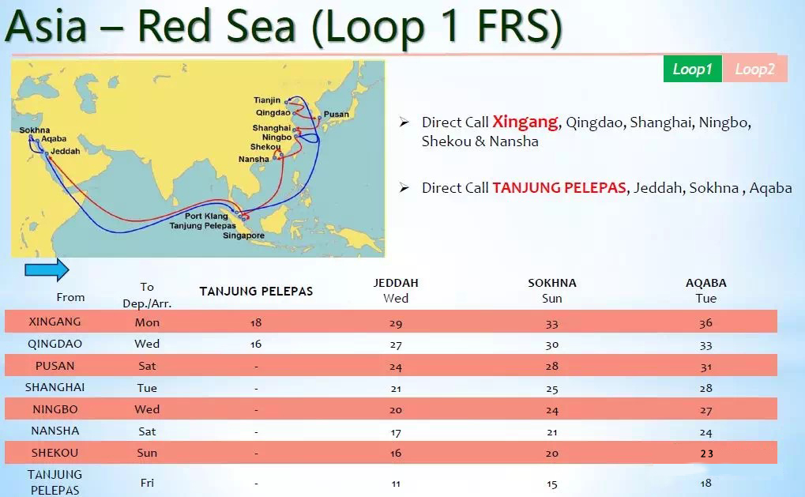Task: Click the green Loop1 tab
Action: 693,69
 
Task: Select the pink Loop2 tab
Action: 754,69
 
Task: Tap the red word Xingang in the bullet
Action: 525,122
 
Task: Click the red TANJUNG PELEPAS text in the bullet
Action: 559,188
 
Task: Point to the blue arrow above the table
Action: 47,269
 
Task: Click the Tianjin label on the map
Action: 267,100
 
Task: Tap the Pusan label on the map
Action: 337,114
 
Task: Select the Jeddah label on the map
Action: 66,152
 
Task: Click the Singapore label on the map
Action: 244,235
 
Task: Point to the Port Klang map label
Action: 206,216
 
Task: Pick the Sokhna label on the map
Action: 35,130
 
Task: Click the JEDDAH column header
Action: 396,283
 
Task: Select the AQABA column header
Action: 706,283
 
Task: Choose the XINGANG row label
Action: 55,322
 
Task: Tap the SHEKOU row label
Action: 55,453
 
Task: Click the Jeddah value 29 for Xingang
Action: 396,323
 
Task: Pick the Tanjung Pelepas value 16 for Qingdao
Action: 256,344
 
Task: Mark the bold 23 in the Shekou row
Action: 706,454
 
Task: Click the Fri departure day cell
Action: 148,483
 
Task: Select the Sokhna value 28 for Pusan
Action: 552,366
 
